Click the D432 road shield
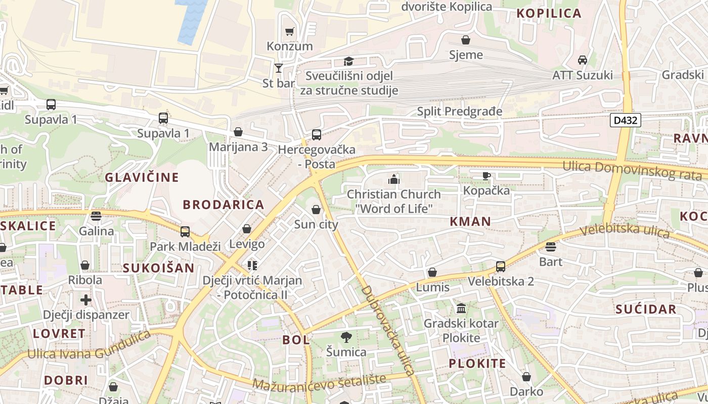click(x=626, y=120)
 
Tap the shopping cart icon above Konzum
click(x=289, y=32)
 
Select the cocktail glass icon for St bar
click(x=278, y=68)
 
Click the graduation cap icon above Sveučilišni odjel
click(x=348, y=62)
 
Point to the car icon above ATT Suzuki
click(x=582, y=60)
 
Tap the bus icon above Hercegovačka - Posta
click(x=316, y=135)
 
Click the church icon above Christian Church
click(x=394, y=179)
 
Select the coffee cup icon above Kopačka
click(x=486, y=176)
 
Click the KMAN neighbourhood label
click(x=470, y=221)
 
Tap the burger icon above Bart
click(x=551, y=247)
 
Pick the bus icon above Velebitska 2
click(x=500, y=266)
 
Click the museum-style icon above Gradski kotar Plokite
click(x=461, y=308)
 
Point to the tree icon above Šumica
click(x=346, y=337)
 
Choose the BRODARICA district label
click(x=224, y=205)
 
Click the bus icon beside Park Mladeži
click(x=185, y=232)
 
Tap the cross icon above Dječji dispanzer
click(x=86, y=300)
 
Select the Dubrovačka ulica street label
click(x=388, y=330)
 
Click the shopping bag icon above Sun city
click(x=316, y=210)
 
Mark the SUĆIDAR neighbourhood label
click(x=646, y=309)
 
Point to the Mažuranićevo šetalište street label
click(x=319, y=382)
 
